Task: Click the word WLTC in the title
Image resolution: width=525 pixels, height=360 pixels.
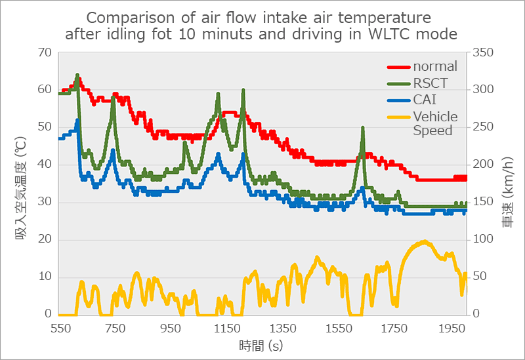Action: click(x=388, y=33)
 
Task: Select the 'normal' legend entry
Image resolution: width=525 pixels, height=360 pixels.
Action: click(x=435, y=66)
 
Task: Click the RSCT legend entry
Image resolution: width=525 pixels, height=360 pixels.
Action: click(x=430, y=83)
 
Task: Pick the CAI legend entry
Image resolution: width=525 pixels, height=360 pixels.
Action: click(x=425, y=100)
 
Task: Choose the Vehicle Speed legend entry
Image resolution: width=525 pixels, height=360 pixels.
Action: click(x=435, y=123)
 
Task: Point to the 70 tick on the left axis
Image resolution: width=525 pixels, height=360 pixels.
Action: click(x=45, y=52)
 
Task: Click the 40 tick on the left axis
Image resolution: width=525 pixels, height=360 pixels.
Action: click(x=45, y=165)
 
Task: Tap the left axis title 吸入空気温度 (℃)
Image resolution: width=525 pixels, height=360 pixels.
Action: click(x=20, y=183)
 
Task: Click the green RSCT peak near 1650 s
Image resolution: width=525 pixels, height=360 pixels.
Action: click(x=362, y=129)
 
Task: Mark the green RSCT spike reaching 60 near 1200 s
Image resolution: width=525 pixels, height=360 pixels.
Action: click(x=243, y=90)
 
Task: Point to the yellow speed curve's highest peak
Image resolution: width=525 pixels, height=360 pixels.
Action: click(x=424, y=242)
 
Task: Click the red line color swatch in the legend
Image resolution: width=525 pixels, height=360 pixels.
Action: click(x=397, y=66)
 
